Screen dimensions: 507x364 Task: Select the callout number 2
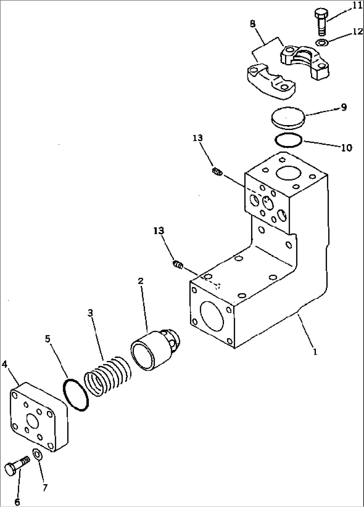tap(141, 281)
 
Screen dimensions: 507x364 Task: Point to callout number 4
tap(5, 364)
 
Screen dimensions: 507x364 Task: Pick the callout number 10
tap(347, 147)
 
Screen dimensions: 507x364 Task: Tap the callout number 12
tap(357, 31)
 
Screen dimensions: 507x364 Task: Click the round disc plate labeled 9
tap(288, 118)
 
